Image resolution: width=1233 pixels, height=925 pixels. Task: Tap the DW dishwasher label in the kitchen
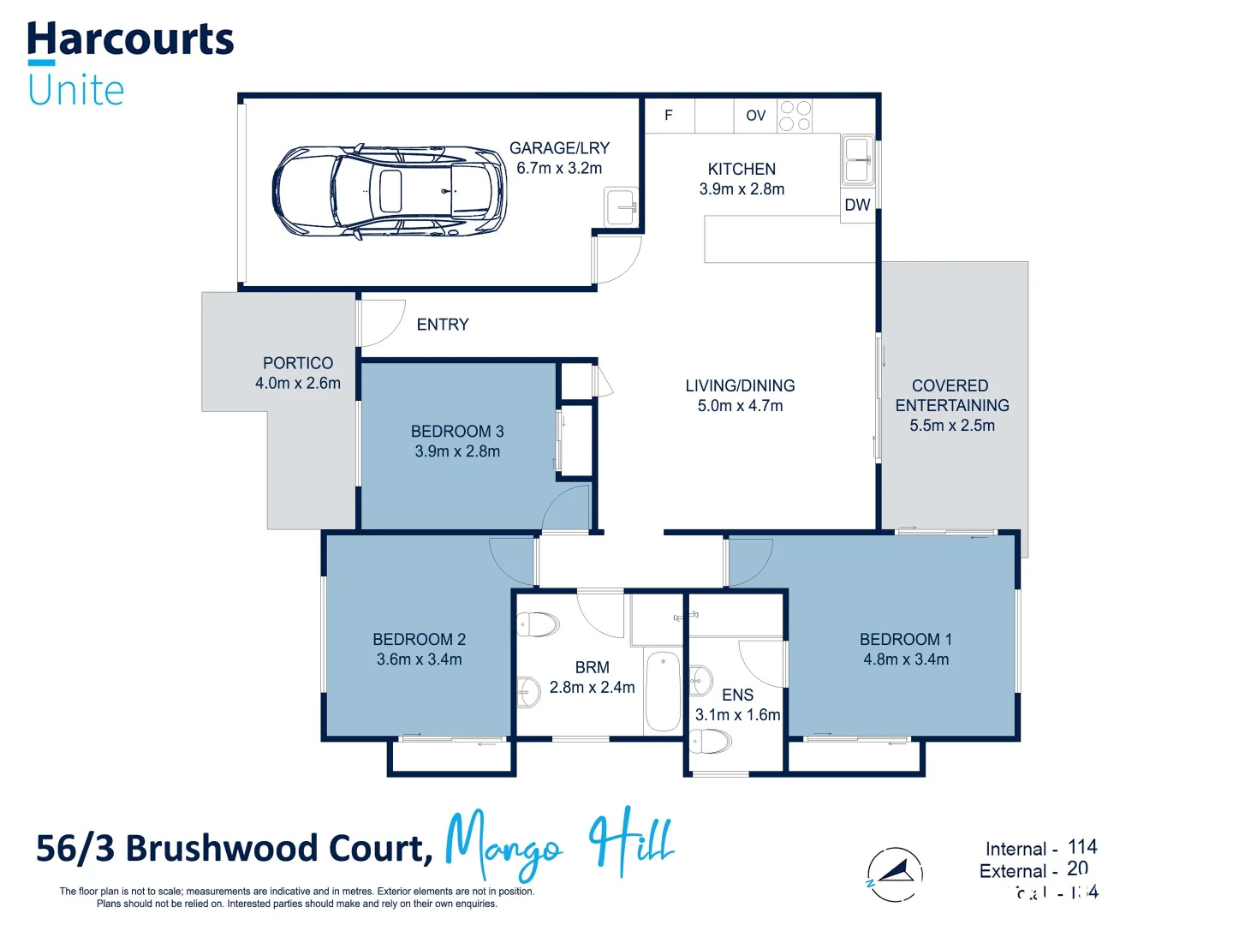[857, 206]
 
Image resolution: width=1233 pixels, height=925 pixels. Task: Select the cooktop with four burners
[795, 116]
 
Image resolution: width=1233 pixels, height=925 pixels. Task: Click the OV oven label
[755, 116]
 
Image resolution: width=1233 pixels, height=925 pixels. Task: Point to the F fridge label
[669, 116]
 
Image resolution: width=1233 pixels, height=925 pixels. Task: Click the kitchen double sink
[858, 160]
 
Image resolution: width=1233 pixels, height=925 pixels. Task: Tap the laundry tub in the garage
[621, 206]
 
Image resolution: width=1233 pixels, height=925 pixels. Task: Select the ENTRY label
[443, 325]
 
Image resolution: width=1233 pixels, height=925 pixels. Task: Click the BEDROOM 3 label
[457, 432]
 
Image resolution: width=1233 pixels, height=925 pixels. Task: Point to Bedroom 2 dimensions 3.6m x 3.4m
[420, 659]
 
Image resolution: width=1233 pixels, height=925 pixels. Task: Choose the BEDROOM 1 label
[906, 640]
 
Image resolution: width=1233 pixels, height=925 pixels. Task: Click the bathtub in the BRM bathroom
[663, 692]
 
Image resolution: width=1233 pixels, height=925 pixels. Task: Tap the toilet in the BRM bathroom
[538, 624]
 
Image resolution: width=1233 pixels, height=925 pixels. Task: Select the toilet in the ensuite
[711, 741]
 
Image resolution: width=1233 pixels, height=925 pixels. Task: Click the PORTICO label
[298, 363]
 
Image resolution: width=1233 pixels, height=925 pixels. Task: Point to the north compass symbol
[895, 874]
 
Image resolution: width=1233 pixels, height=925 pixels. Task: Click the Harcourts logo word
[130, 40]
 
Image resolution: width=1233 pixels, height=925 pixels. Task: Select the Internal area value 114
[1082, 847]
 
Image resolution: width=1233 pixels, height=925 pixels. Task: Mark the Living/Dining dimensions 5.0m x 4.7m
[741, 406]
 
